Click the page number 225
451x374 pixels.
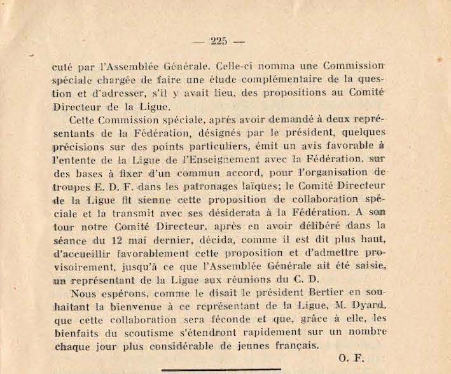[x=218, y=42]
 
